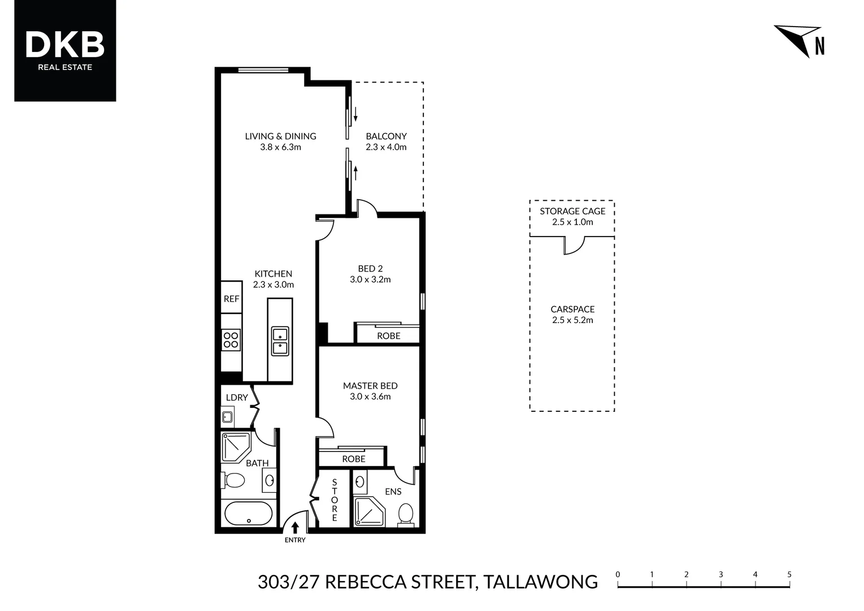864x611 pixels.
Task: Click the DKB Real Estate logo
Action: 65,50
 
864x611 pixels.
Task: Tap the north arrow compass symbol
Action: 799,40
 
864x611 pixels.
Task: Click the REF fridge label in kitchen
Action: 232,299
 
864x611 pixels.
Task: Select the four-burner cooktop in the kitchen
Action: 231,340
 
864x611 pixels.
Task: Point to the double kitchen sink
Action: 280,341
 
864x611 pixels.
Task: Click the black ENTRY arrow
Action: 295,528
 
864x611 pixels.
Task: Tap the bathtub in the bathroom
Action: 249,513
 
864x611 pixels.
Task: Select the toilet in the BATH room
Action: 233,480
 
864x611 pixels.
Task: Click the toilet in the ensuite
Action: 405,514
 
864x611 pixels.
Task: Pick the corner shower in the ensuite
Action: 369,512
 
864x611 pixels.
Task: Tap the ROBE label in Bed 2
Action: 388,335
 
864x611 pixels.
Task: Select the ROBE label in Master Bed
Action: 354,459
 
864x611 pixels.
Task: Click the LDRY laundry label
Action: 237,397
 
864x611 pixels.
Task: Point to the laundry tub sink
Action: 227,417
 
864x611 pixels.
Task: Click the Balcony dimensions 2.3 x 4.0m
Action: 386,147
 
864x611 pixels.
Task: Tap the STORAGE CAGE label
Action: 572,211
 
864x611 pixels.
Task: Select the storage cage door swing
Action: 574,246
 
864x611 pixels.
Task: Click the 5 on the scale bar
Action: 789,574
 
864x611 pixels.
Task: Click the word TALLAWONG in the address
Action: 541,582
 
